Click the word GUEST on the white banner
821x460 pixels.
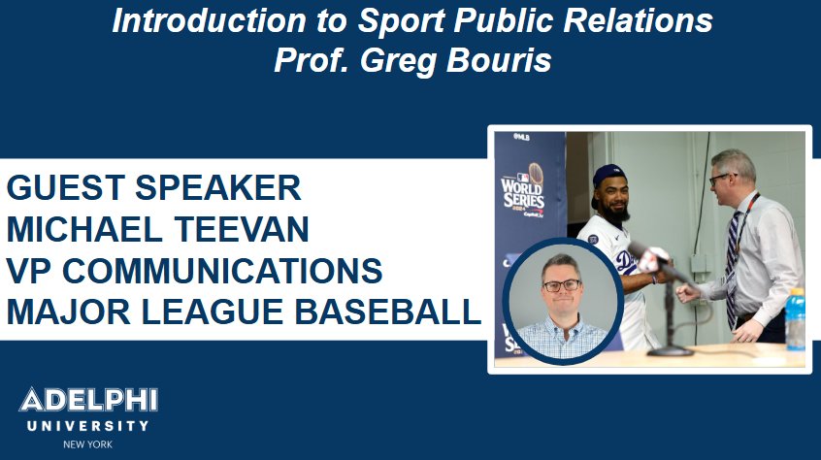[x=69, y=187]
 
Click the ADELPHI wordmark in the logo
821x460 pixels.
[x=88, y=401]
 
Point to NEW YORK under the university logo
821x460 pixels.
[x=88, y=444]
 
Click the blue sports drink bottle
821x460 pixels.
[x=795, y=319]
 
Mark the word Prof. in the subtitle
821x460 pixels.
[x=312, y=60]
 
